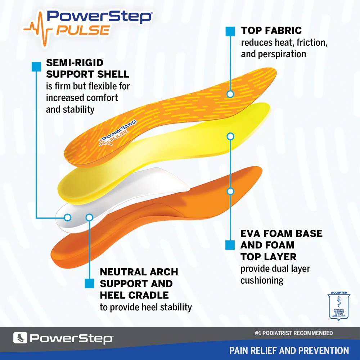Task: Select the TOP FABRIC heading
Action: coord(271,30)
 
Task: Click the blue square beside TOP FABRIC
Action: coord(230,31)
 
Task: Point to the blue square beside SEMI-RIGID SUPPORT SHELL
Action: coord(36,67)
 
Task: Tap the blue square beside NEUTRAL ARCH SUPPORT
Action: coord(89,283)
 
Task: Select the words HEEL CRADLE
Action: coord(134,295)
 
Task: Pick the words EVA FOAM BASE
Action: coord(281,233)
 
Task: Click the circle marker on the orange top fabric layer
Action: coord(230,94)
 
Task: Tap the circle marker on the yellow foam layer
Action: coord(230,136)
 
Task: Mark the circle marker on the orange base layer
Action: coord(230,191)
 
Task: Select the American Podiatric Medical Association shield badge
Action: coord(338,306)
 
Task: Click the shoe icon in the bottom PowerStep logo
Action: coord(20,338)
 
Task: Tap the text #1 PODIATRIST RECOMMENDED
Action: coord(293,333)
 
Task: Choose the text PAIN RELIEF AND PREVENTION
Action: coord(289,350)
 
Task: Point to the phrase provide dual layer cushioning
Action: coord(275,274)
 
